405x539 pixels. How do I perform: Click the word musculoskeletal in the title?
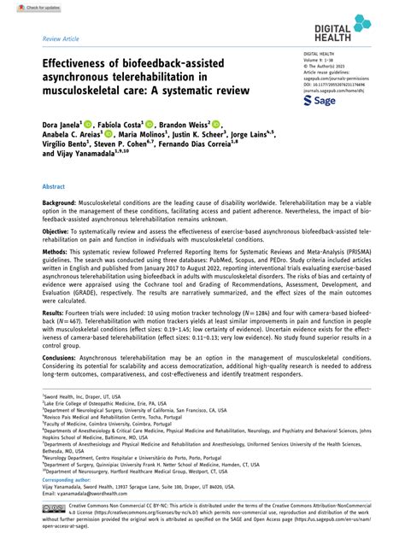[x=95, y=100]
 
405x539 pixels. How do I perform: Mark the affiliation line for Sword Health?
[x=83, y=397]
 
